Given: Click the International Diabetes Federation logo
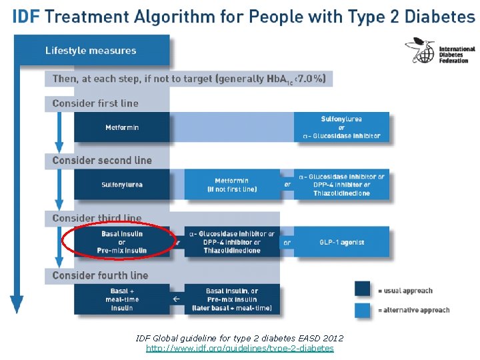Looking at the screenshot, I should click(x=440, y=51).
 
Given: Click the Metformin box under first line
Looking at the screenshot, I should click(x=122, y=127).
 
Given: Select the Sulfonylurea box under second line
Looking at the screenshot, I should click(x=122, y=185).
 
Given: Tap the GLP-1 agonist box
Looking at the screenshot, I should click(x=342, y=242).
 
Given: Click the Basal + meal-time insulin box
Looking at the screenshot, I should click(x=122, y=299).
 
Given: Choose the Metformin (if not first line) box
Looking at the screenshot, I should click(x=232, y=185).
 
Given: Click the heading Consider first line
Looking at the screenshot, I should click(x=95, y=103).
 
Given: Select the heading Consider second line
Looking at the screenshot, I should click(x=102, y=161).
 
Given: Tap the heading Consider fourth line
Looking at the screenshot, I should click(x=100, y=275).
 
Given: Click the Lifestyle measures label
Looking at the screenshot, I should click(x=91, y=51).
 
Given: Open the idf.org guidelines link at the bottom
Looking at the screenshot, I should click(x=240, y=348).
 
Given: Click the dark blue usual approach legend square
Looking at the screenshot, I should click(x=363, y=289).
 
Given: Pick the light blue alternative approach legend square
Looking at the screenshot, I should click(x=363, y=309).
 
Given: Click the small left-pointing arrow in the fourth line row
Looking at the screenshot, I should click(x=176, y=299).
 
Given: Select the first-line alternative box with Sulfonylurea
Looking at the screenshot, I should click(x=341, y=127).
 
